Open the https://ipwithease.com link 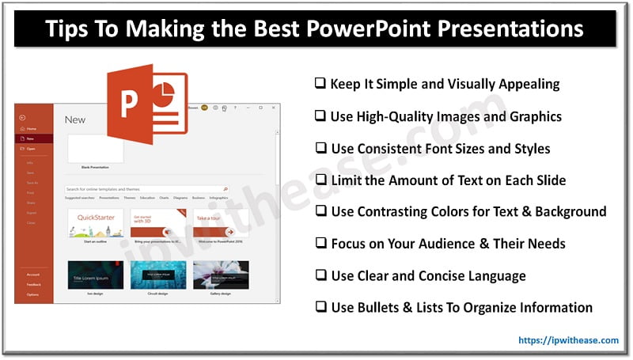click(x=568, y=340)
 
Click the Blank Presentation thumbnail click(x=95, y=149)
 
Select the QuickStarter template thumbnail click(x=95, y=224)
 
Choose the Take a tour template click(x=220, y=224)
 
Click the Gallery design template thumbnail click(x=220, y=274)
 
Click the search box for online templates click(x=146, y=190)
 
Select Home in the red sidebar click(x=32, y=128)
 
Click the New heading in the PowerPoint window click(x=74, y=119)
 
